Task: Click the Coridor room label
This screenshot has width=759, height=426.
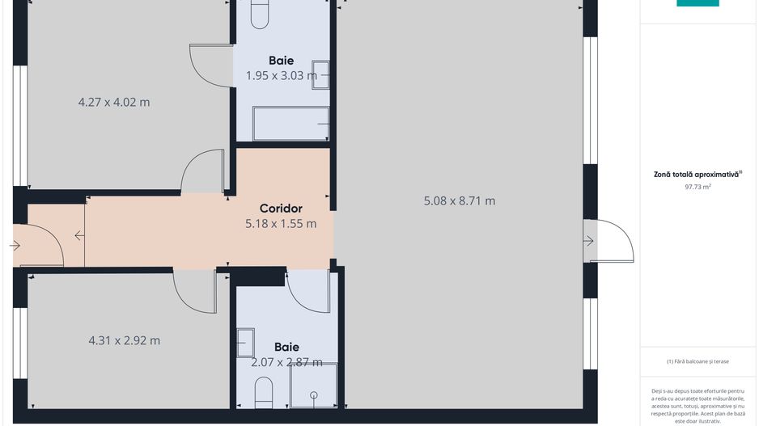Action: tap(281, 209)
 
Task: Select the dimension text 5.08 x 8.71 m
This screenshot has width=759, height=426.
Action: tap(460, 200)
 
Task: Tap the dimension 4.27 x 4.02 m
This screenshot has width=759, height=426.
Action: tap(114, 102)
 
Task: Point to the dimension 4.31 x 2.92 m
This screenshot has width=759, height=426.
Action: tap(124, 340)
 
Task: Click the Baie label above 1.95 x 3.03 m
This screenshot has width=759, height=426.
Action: tap(282, 61)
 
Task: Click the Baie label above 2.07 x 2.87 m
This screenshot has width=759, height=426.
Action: tap(286, 347)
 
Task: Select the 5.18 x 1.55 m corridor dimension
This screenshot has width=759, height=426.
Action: tap(281, 223)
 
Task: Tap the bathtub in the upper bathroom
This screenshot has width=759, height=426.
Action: tap(291, 124)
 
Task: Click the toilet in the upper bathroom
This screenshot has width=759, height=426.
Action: tap(260, 14)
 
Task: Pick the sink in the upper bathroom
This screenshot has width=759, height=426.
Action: tap(320, 75)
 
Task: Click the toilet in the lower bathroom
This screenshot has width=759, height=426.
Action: tap(264, 393)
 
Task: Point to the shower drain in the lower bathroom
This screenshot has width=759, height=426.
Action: tap(314, 395)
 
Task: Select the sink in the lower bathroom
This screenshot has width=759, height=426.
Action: tap(245, 343)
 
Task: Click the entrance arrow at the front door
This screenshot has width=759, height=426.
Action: tap(15, 246)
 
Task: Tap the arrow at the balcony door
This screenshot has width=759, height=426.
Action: tap(588, 240)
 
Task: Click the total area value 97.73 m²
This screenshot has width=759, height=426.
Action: tap(698, 187)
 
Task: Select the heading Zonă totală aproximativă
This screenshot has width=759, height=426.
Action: tap(698, 174)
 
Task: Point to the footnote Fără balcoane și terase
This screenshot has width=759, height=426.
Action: tap(698, 361)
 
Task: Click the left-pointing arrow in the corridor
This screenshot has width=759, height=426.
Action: tap(79, 235)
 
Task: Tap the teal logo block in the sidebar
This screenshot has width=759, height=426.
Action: tap(698, 3)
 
